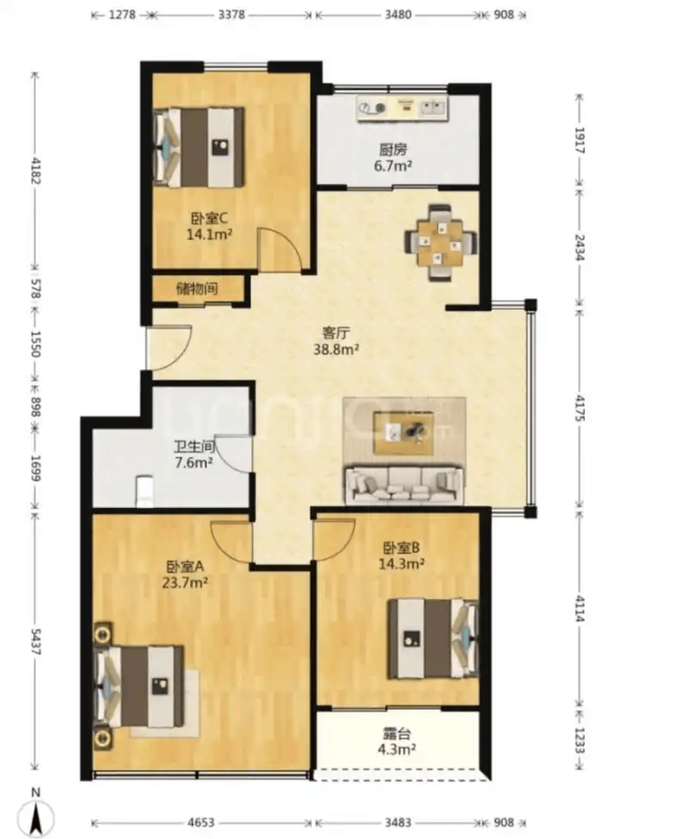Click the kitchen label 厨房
[x=393, y=149]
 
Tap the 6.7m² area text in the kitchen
[x=393, y=166]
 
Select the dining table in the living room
[x=441, y=242]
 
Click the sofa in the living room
[x=404, y=485]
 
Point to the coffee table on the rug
[x=404, y=433]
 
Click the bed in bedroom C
[x=199, y=148]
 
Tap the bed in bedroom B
[x=433, y=638]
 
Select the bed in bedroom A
[x=139, y=686]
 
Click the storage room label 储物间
[x=197, y=288]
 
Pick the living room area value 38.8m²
[x=336, y=350]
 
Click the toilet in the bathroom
[x=145, y=491]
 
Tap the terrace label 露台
[x=397, y=734]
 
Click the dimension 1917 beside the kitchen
[x=579, y=140]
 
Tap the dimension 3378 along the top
[x=232, y=15]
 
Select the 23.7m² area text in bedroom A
[x=185, y=582]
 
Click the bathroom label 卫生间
[x=194, y=446]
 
